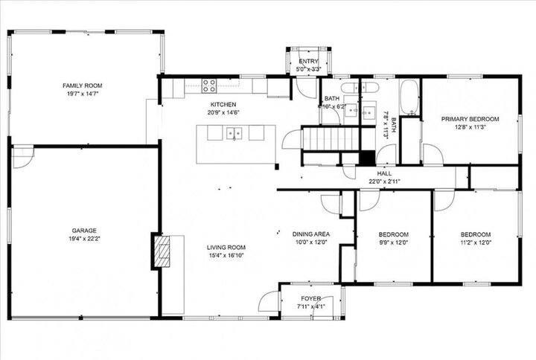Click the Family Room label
pos(81,86)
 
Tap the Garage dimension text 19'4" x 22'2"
pos(84,240)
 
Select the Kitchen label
pos(223,105)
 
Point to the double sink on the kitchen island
pos(235,134)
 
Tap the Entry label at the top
pos(308,62)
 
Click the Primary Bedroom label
pos(470,119)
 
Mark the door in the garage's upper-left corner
pos(22,157)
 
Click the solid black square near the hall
pos(366,158)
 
